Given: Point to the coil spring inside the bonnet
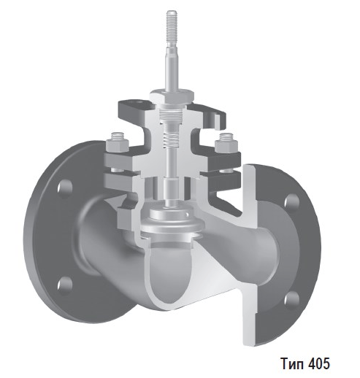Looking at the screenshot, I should coord(172,132).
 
